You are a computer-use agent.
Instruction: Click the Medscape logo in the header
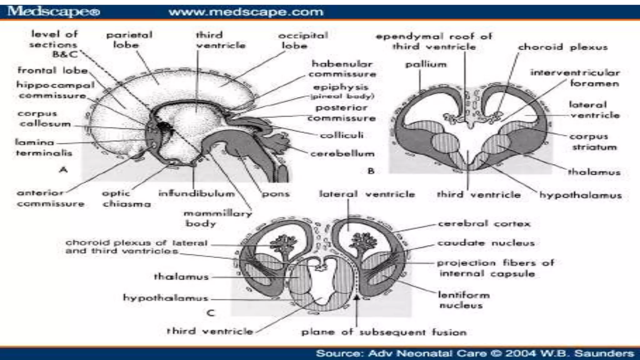coord(53,12)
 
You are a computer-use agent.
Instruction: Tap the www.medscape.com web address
coord(246,12)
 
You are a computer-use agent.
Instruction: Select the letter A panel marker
coord(63,170)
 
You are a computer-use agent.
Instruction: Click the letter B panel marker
coord(371,171)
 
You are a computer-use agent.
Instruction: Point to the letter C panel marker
coord(211,313)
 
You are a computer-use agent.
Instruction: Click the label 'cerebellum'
coord(342,154)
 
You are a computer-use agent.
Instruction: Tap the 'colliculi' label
coord(342,135)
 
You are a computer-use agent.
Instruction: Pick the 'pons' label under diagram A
coord(276,194)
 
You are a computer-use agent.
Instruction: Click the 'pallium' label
coord(426,65)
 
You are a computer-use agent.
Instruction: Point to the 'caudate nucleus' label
coord(486,243)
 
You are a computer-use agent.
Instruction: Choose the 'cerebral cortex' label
coord(484,224)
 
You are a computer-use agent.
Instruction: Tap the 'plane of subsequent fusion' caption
coord(383,332)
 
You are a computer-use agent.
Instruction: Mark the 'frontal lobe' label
coord(52,70)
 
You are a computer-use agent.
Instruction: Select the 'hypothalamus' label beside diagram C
coord(165,298)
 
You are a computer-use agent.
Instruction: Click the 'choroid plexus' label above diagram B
coord(562,47)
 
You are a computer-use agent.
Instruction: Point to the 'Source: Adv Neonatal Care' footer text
coord(475,353)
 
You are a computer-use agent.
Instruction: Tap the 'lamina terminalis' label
coord(44,147)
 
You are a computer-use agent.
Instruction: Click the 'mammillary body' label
coord(217,218)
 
